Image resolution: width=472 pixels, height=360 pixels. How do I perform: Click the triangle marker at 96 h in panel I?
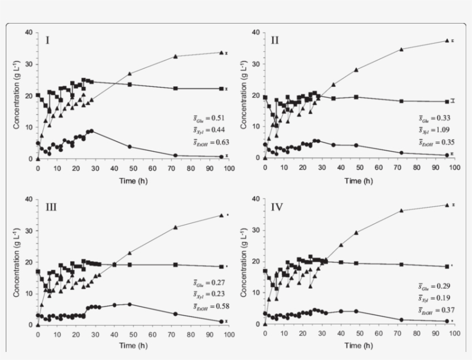click(x=220, y=52)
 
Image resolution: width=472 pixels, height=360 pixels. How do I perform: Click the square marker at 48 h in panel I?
click(x=130, y=85)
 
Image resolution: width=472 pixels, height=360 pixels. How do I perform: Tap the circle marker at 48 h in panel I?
click(x=130, y=147)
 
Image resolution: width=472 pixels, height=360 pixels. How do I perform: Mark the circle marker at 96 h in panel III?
click(x=220, y=321)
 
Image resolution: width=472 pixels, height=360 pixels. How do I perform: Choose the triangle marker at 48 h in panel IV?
click(x=356, y=233)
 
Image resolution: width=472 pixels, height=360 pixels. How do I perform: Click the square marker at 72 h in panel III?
click(x=175, y=265)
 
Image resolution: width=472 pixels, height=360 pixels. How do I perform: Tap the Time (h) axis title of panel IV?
click(x=360, y=346)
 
